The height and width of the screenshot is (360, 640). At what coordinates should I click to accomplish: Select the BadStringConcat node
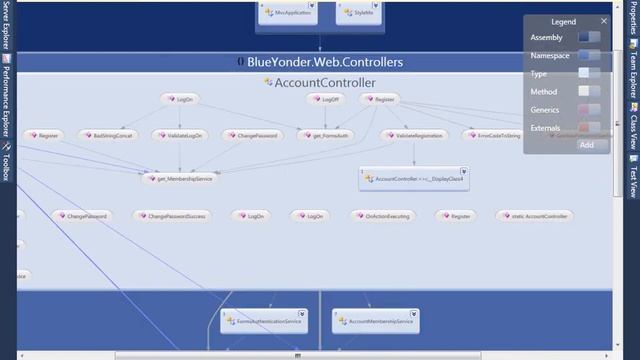pos(107,134)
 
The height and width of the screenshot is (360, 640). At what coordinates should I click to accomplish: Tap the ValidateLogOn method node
pos(182,134)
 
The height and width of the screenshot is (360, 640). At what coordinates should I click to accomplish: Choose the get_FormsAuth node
pos(325,134)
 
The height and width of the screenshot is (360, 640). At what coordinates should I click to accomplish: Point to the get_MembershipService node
pos(179,178)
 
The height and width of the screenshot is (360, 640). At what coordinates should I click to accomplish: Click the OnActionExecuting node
pos(383,215)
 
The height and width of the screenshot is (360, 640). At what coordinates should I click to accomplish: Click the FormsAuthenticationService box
pos(264,321)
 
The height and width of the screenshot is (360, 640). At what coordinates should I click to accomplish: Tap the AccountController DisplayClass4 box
pos(414,178)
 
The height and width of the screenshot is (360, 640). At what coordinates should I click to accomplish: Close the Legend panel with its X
pos(604,21)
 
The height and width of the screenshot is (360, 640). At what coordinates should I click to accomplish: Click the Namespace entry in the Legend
pos(550,55)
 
